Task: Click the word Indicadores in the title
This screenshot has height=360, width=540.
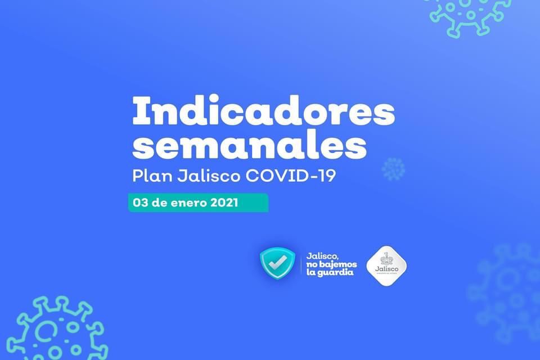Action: [263, 111]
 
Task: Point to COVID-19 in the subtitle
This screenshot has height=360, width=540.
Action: [291, 175]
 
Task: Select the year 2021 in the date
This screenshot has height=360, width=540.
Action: [223, 203]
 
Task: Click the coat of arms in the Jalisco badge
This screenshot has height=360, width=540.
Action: [386, 259]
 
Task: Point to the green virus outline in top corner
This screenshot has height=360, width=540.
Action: [468, 14]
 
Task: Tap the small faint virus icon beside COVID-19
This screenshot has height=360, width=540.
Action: [393, 169]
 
